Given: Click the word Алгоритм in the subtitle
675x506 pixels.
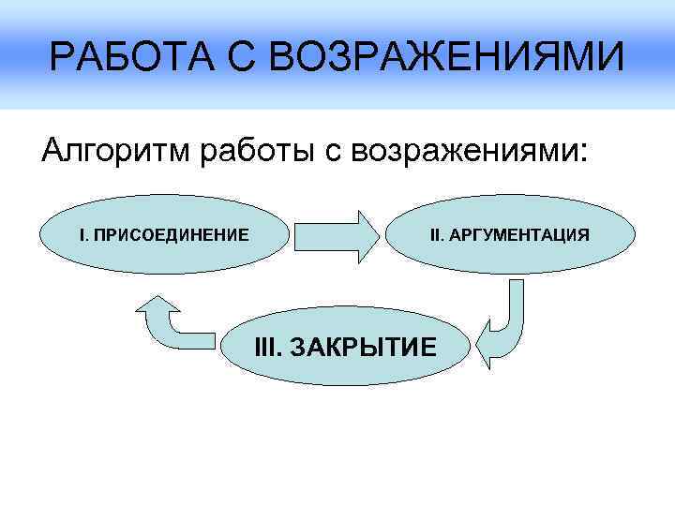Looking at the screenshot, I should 112,150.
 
